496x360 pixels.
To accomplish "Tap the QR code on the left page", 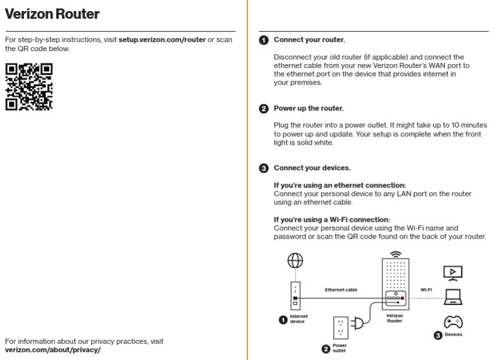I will click(28, 87).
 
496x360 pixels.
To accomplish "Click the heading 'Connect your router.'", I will click(309, 40).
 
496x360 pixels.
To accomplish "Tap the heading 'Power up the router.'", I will click(309, 109).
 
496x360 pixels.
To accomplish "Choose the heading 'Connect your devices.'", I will click(312, 168).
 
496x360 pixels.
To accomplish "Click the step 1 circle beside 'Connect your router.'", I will click(263, 40).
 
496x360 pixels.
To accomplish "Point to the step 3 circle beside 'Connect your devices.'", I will click(263, 168).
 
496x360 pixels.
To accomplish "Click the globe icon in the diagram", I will click(295, 260).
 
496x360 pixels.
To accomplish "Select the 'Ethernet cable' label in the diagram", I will click(340, 290).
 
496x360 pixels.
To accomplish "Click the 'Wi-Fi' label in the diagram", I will click(426, 290).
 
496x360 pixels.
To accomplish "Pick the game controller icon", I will click(451, 322).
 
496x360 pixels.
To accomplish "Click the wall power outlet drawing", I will click(340, 327).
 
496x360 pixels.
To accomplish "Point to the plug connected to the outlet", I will click(356, 322).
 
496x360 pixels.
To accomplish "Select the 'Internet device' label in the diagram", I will click(298, 319).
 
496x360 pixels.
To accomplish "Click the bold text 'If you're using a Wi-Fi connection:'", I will click(332, 219).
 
